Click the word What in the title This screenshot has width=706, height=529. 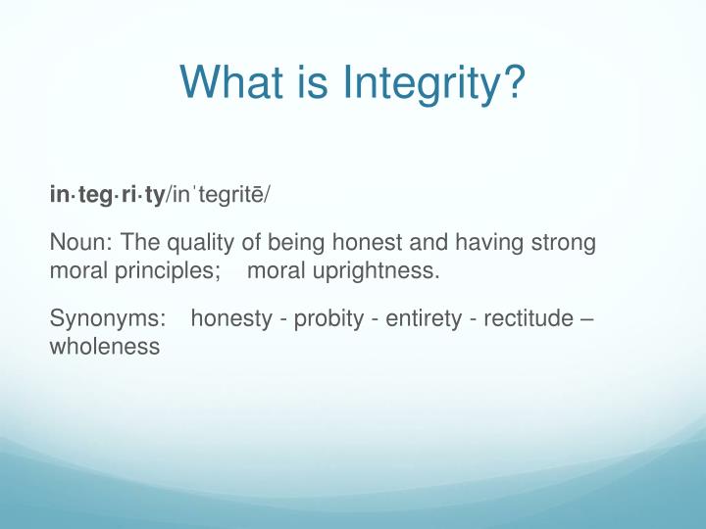click(x=231, y=81)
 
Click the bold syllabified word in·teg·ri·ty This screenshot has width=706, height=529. click(x=108, y=196)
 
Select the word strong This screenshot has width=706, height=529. click(x=564, y=243)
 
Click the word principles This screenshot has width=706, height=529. click(x=167, y=272)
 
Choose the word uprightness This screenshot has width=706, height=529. click(x=376, y=272)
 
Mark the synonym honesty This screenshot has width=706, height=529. click(x=231, y=319)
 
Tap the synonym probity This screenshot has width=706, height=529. click(x=328, y=319)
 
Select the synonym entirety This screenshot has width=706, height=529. click(x=424, y=319)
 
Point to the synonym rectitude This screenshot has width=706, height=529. click(x=529, y=318)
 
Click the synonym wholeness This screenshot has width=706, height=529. click(x=105, y=347)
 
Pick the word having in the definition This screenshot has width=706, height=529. click(x=489, y=243)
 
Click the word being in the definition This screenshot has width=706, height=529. click(x=296, y=243)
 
